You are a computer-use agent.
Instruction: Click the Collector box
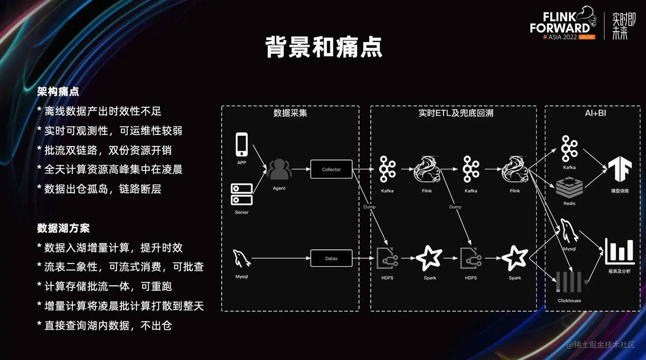[x=331, y=169]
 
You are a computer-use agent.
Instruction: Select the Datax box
[x=331, y=258]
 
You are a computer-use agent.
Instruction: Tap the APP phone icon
[x=241, y=144]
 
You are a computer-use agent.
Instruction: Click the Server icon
[x=241, y=194]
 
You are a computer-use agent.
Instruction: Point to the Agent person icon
[x=279, y=169]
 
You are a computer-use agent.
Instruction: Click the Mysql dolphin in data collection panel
[x=241, y=259]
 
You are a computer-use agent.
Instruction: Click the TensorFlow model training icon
[x=620, y=169]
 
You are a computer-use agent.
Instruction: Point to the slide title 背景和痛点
[x=323, y=47]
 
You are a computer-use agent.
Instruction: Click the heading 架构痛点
[x=58, y=91]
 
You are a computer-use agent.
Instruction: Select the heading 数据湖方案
[x=63, y=228]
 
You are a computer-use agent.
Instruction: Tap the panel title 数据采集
[x=290, y=113]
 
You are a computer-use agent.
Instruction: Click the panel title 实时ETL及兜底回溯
[x=456, y=113]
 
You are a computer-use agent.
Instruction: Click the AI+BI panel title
[x=595, y=113]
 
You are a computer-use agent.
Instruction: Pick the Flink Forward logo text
[x=560, y=23]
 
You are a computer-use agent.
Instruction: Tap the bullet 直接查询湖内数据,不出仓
[x=108, y=325]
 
